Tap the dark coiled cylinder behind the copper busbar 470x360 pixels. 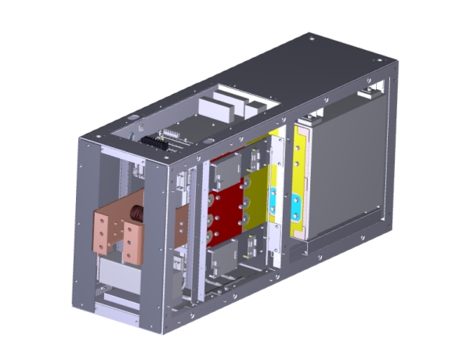tap(139, 213)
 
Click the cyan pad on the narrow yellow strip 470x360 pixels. tap(297, 208)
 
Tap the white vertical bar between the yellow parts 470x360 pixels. tap(278, 196)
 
